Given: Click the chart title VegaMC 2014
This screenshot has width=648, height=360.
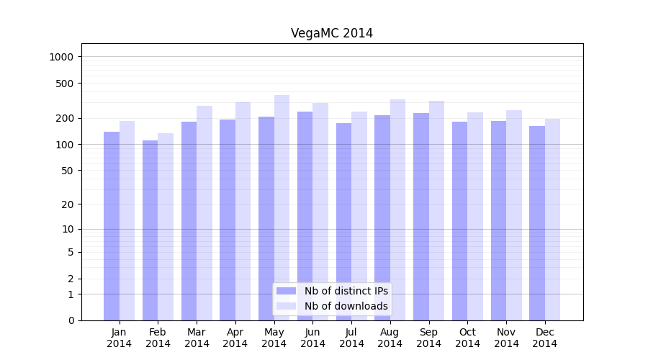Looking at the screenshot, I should click(x=332, y=33).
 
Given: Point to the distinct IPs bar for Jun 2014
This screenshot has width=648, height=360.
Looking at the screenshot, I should click(x=305, y=216).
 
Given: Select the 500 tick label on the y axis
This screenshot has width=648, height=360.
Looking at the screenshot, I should click(x=65, y=84).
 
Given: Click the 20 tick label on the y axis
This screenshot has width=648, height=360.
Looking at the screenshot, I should click(x=68, y=204).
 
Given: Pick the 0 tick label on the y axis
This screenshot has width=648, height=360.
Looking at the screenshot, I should click(x=71, y=320).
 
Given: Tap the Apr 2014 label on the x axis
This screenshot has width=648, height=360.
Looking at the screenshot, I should click(x=235, y=338).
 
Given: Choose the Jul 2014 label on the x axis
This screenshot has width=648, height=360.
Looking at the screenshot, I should click(x=351, y=338).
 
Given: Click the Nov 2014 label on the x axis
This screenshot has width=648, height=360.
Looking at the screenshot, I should click(x=506, y=338).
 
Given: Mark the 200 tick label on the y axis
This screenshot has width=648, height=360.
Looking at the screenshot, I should click(x=65, y=118).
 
